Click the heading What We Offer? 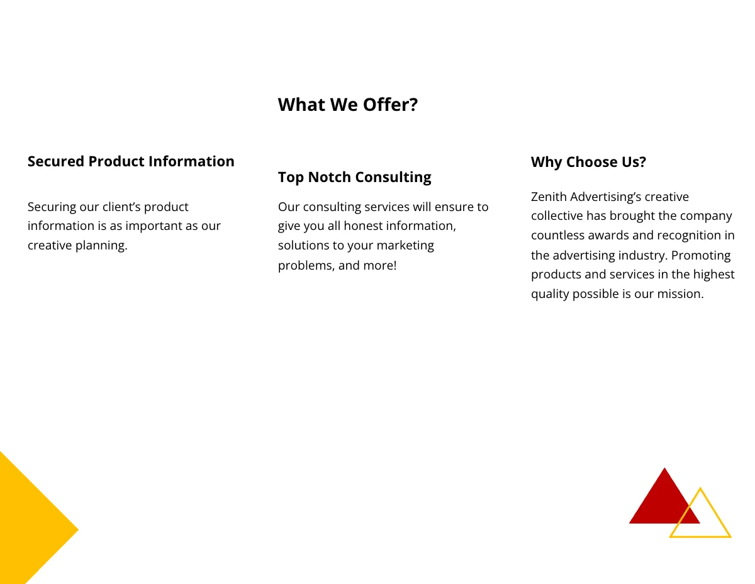click(x=347, y=105)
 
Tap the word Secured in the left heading click(x=55, y=161)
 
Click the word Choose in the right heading click(x=590, y=163)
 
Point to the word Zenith click(x=549, y=197)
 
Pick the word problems click(x=306, y=266)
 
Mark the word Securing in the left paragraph click(x=52, y=207)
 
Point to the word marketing click(x=405, y=246)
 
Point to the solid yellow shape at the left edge click(x=28, y=523)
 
